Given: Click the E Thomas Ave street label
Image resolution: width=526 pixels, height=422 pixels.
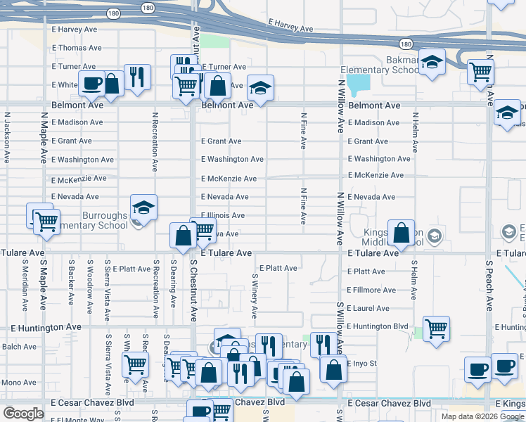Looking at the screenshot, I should pos(77,48).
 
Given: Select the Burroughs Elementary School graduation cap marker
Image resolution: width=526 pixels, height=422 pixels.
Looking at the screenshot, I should pos(143,207).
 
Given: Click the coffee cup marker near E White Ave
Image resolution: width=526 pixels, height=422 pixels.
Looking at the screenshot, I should pos(91,83).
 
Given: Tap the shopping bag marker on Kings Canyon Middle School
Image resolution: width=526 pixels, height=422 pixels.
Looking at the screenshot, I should pos(401,233).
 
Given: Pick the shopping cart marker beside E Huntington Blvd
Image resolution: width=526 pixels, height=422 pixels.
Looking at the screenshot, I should pos(437,328).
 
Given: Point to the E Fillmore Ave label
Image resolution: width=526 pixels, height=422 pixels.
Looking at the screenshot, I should pos(371,290).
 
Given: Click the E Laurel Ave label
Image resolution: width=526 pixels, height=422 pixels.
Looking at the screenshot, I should pos(368,308).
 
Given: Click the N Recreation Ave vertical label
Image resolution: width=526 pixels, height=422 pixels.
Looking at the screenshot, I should pos(154,141).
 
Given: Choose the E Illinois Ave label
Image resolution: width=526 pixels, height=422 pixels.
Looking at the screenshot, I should pos(223,215).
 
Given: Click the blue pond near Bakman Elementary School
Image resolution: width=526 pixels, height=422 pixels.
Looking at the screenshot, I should pos(359,85).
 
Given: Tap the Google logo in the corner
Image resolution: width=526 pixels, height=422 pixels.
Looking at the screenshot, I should pos(23,414).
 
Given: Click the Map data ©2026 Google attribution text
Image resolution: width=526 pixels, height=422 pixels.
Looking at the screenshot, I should pos(482,416).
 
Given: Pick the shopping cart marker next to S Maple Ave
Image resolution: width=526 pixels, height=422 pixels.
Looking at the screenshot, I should pos(46,221).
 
